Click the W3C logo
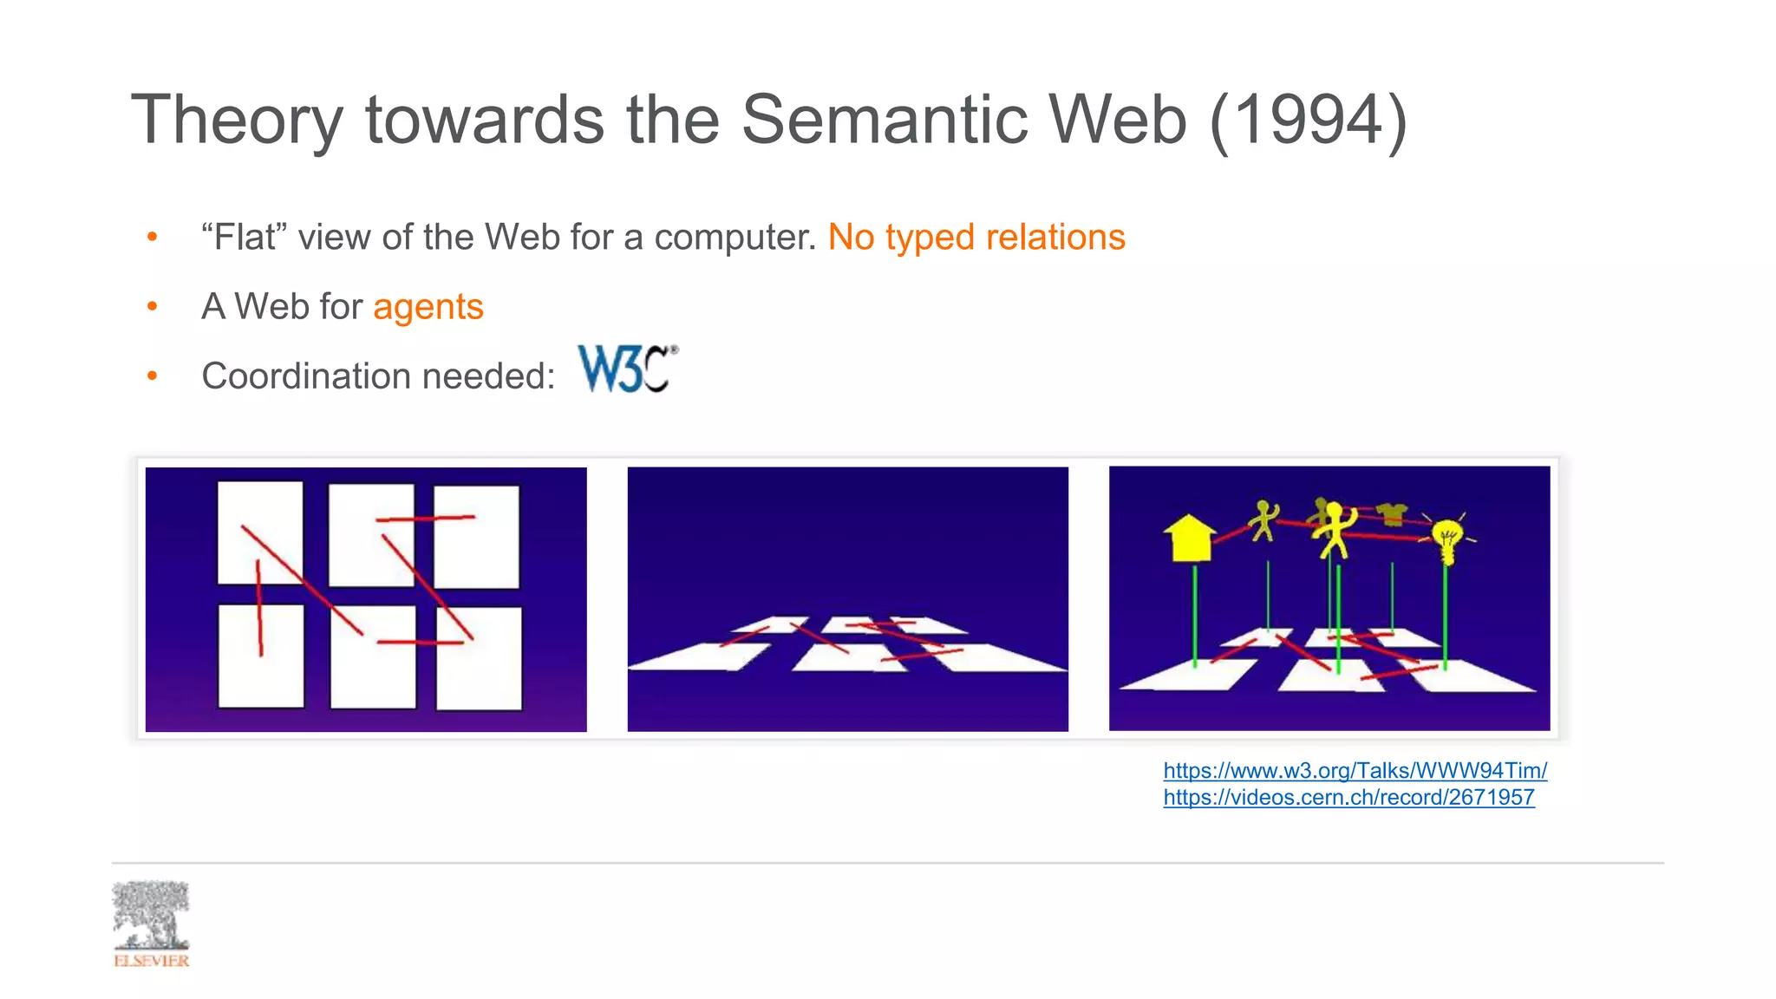627,369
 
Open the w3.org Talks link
1355,770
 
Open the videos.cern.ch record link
1348,797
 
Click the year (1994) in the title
1308,120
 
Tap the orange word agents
428,307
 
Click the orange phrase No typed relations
976,237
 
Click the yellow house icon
1189,539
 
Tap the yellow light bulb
1446,539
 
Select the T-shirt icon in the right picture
1391,513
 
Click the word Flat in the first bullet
245,237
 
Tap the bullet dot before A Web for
153,306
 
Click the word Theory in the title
238,120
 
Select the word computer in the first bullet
734,237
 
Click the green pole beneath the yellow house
1195,616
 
